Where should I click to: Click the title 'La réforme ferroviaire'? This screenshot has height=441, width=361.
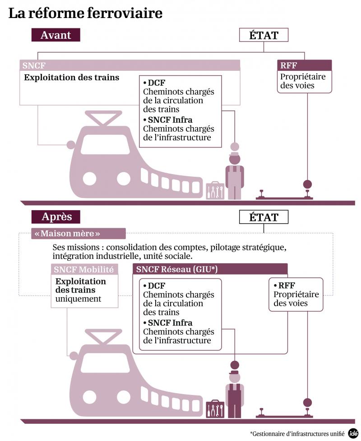coord(85,14)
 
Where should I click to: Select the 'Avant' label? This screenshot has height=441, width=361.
coord(56,35)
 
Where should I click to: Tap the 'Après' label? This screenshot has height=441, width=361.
coord(56,216)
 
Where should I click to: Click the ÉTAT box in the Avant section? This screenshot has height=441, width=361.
coord(264,35)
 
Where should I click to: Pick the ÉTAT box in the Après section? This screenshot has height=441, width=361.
coord(264,217)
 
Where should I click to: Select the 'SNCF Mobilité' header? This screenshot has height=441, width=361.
coord(84,270)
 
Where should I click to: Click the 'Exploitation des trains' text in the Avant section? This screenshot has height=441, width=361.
coord(71,78)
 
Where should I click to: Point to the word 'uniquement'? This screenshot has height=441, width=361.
coord(79,299)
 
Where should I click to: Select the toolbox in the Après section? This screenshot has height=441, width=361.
coord(215,409)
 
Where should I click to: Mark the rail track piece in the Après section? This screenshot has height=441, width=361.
coord(282,413)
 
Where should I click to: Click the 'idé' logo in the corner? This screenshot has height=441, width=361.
coord(353,433)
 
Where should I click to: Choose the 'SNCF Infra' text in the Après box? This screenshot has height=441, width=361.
coord(170,323)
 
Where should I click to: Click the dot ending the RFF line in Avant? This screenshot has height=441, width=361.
coord(308,184)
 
